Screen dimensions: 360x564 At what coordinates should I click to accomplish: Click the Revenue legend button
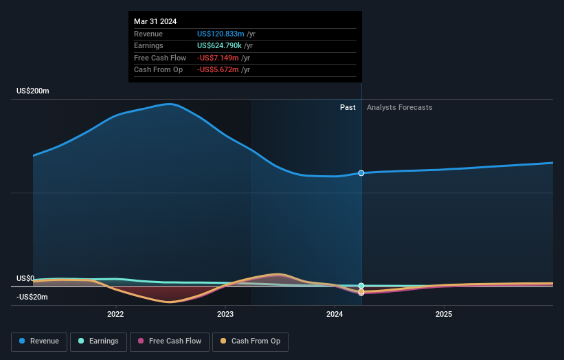tap(39, 341)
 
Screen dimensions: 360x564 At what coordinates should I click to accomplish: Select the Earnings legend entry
tap(98, 341)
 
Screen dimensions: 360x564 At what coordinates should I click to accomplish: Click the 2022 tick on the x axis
tap(115, 315)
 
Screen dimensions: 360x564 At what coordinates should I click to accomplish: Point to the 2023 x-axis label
tap(225, 315)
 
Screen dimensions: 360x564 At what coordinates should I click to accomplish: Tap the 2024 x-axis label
tap(335, 315)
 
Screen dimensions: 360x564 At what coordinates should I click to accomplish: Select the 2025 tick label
tap(444, 315)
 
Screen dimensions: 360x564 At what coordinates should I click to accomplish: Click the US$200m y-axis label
tap(33, 91)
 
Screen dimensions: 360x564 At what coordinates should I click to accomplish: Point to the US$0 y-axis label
tap(25, 278)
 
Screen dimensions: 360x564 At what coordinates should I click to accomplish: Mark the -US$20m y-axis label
tap(32, 297)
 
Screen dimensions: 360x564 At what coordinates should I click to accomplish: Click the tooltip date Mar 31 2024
tap(155, 21)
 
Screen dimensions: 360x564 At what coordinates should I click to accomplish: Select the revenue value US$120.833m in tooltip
tap(221, 34)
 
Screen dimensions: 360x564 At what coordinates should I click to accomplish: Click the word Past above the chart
tap(348, 107)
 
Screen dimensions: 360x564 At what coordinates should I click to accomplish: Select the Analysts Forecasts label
tap(400, 107)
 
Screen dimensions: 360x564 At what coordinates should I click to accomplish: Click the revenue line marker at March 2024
tap(361, 173)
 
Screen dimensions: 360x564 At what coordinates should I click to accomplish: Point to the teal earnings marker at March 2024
tap(361, 286)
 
